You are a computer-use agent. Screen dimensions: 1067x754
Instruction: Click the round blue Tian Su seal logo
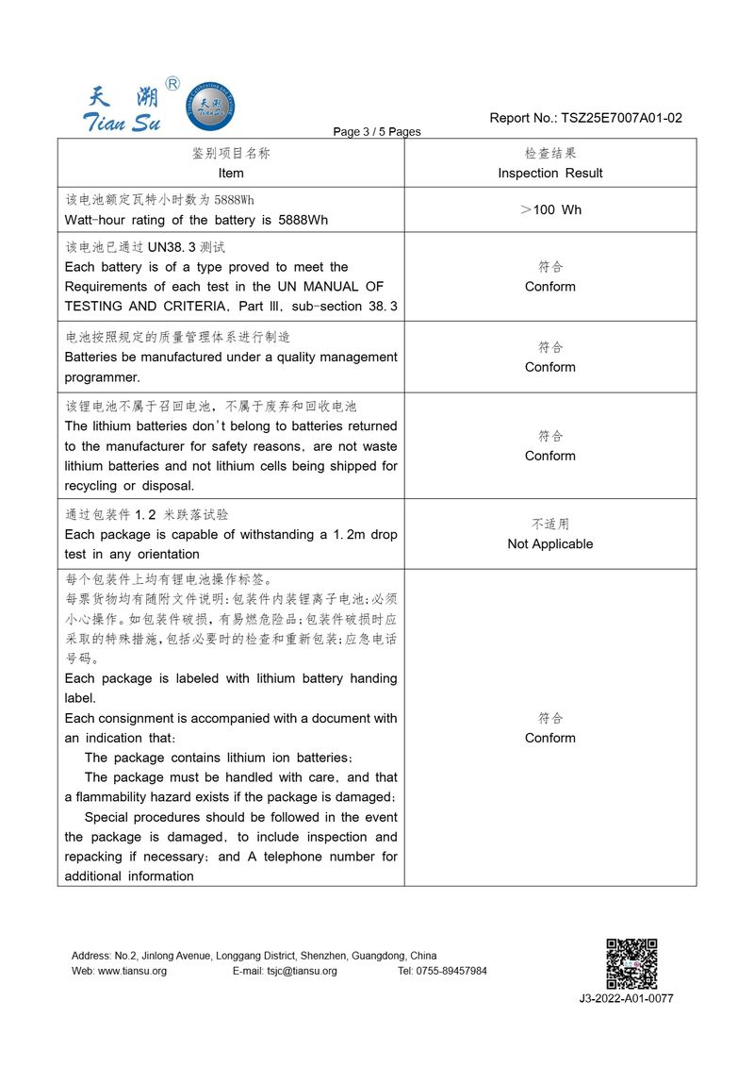coord(211,105)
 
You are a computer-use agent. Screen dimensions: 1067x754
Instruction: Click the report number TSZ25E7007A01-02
coord(621,118)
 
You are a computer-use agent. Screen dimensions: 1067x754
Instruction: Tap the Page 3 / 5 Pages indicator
coord(377,131)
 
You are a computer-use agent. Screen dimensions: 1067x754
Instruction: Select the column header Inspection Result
coord(550,173)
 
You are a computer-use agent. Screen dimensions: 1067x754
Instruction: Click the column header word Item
coord(231,173)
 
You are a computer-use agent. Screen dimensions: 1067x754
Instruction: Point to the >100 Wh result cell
coord(550,209)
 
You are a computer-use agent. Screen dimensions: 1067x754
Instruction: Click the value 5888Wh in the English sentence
coord(303,220)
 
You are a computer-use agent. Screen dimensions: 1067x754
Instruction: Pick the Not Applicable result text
coord(550,543)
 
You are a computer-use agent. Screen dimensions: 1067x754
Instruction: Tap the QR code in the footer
coord(631,963)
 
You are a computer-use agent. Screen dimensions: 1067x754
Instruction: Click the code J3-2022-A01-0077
coord(627,999)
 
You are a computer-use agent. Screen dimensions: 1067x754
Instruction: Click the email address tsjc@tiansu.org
coord(302,971)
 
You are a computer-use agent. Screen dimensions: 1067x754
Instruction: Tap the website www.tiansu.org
coord(132,971)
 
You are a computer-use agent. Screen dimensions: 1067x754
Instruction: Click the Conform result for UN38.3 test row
coord(550,286)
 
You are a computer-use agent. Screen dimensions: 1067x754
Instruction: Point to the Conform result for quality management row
coord(550,367)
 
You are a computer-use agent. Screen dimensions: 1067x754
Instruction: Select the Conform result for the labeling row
coord(550,738)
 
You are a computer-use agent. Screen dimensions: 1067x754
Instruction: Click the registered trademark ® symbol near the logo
coord(172,84)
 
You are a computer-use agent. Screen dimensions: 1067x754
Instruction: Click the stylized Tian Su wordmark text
coord(123,122)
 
